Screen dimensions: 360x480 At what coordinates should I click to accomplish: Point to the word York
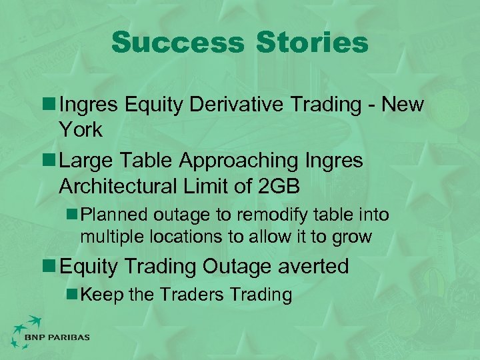pyautogui.click(x=81, y=130)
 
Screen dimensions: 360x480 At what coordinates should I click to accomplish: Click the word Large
pyautogui.click(x=85, y=161)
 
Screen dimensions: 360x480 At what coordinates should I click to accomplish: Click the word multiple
pyautogui.click(x=107, y=236)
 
